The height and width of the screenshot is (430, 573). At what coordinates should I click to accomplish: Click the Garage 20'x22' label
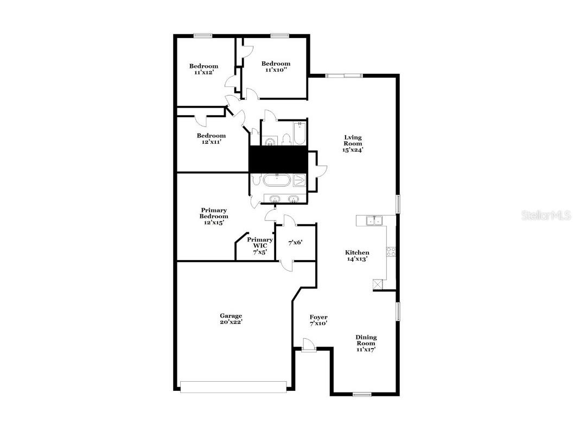click(x=231, y=319)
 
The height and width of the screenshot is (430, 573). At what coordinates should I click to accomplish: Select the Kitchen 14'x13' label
click(x=358, y=256)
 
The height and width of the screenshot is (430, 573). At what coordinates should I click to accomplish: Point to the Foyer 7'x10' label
click(x=319, y=320)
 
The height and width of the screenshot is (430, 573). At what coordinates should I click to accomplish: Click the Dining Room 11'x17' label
click(x=366, y=343)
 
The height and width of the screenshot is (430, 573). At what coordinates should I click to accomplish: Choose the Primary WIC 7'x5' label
click(x=260, y=246)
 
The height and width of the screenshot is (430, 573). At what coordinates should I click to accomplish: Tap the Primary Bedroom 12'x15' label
click(x=214, y=216)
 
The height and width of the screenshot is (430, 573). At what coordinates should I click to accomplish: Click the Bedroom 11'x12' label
click(x=203, y=69)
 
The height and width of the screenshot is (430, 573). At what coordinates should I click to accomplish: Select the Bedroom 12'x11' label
click(x=211, y=138)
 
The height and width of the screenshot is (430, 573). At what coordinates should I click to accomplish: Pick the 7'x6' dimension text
click(x=295, y=242)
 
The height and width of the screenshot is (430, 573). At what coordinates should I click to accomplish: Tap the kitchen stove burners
click(x=390, y=251)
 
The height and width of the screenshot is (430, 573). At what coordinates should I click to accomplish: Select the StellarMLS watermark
click(x=546, y=216)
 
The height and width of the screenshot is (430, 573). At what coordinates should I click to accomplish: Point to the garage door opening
click(x=233, y=386)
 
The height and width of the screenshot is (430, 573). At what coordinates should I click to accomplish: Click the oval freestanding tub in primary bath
click(x=277, y=180)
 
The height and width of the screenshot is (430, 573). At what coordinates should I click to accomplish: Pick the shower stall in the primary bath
click(x=299, y=180)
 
